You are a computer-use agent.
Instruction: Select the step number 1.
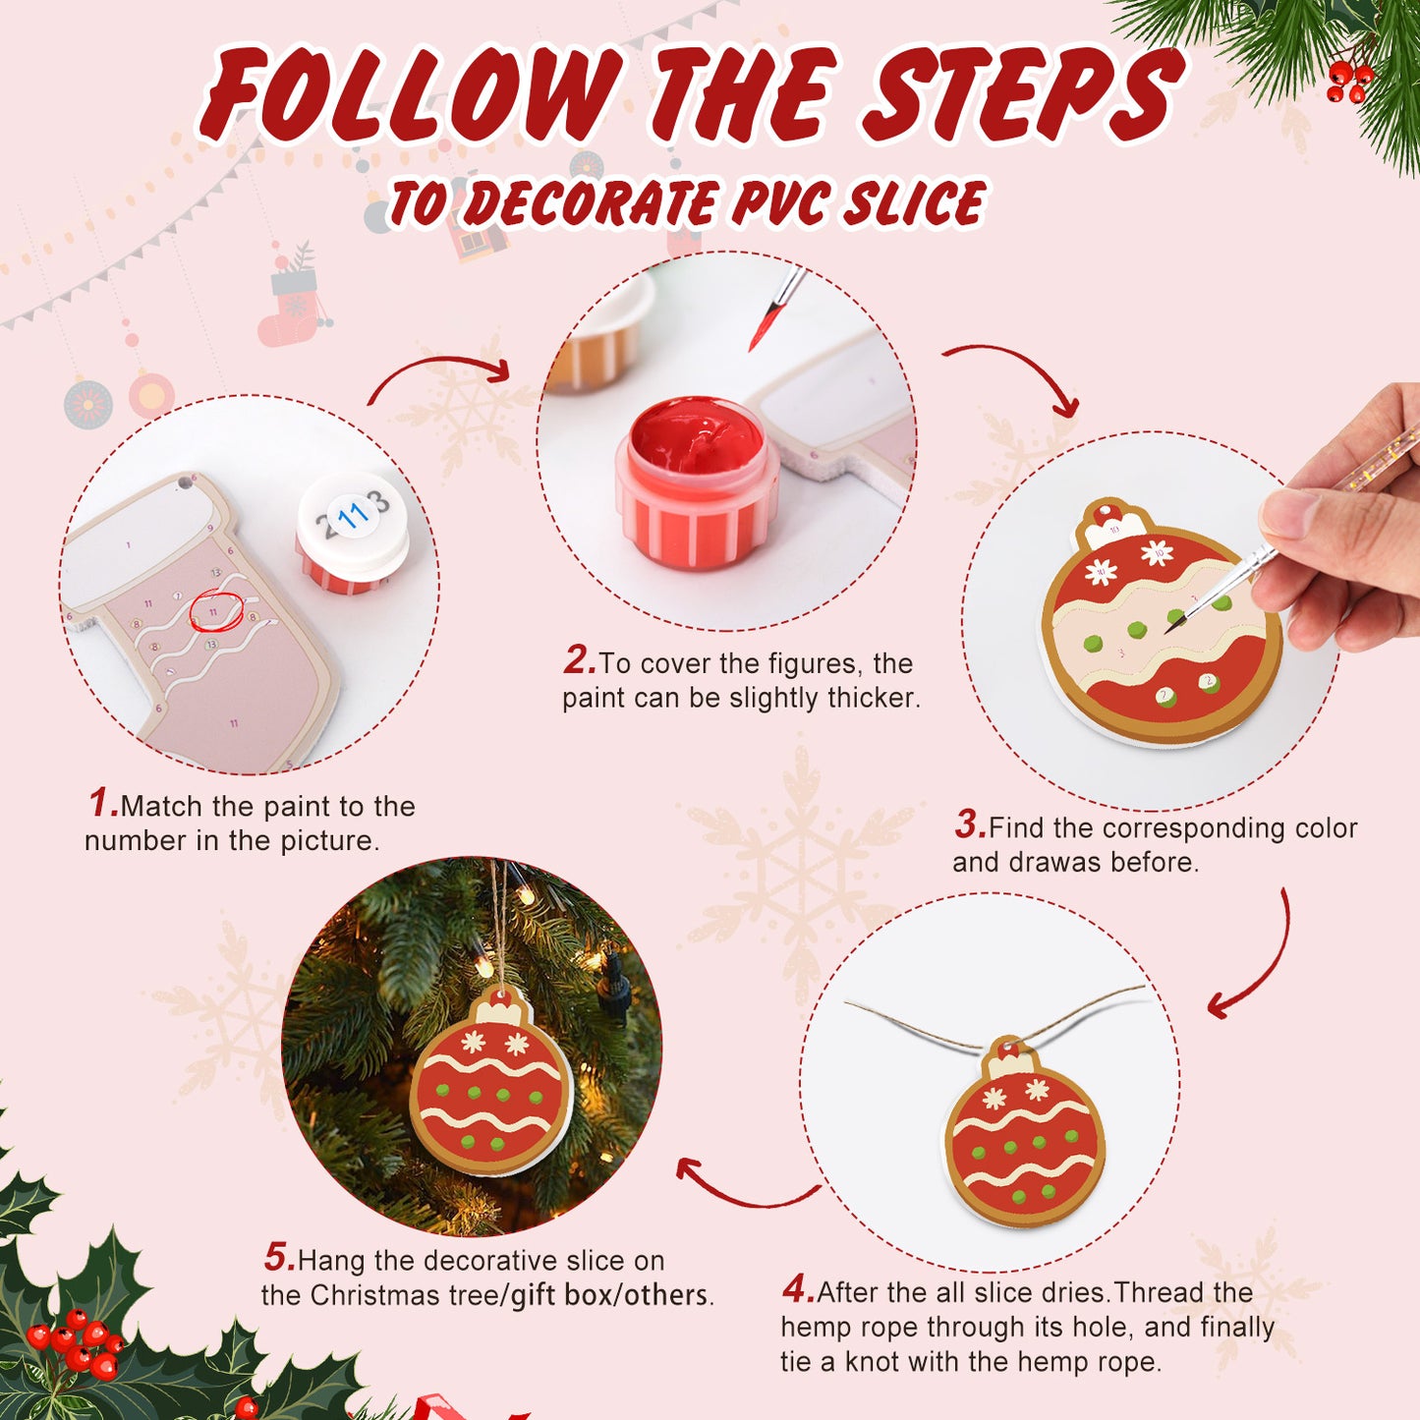click(103, 803)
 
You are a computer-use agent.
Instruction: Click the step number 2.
click(579, 660)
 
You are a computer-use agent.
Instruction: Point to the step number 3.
click(969, 824)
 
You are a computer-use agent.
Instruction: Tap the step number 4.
click(797, 1288)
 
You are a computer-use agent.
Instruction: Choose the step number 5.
click(278, 1257)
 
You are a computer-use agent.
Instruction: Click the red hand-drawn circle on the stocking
click(215, 612)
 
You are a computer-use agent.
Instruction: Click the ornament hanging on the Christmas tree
click(490, 1085)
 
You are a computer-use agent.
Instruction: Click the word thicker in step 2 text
click(873, 698)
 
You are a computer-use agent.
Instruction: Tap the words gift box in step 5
click(560, 1295)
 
